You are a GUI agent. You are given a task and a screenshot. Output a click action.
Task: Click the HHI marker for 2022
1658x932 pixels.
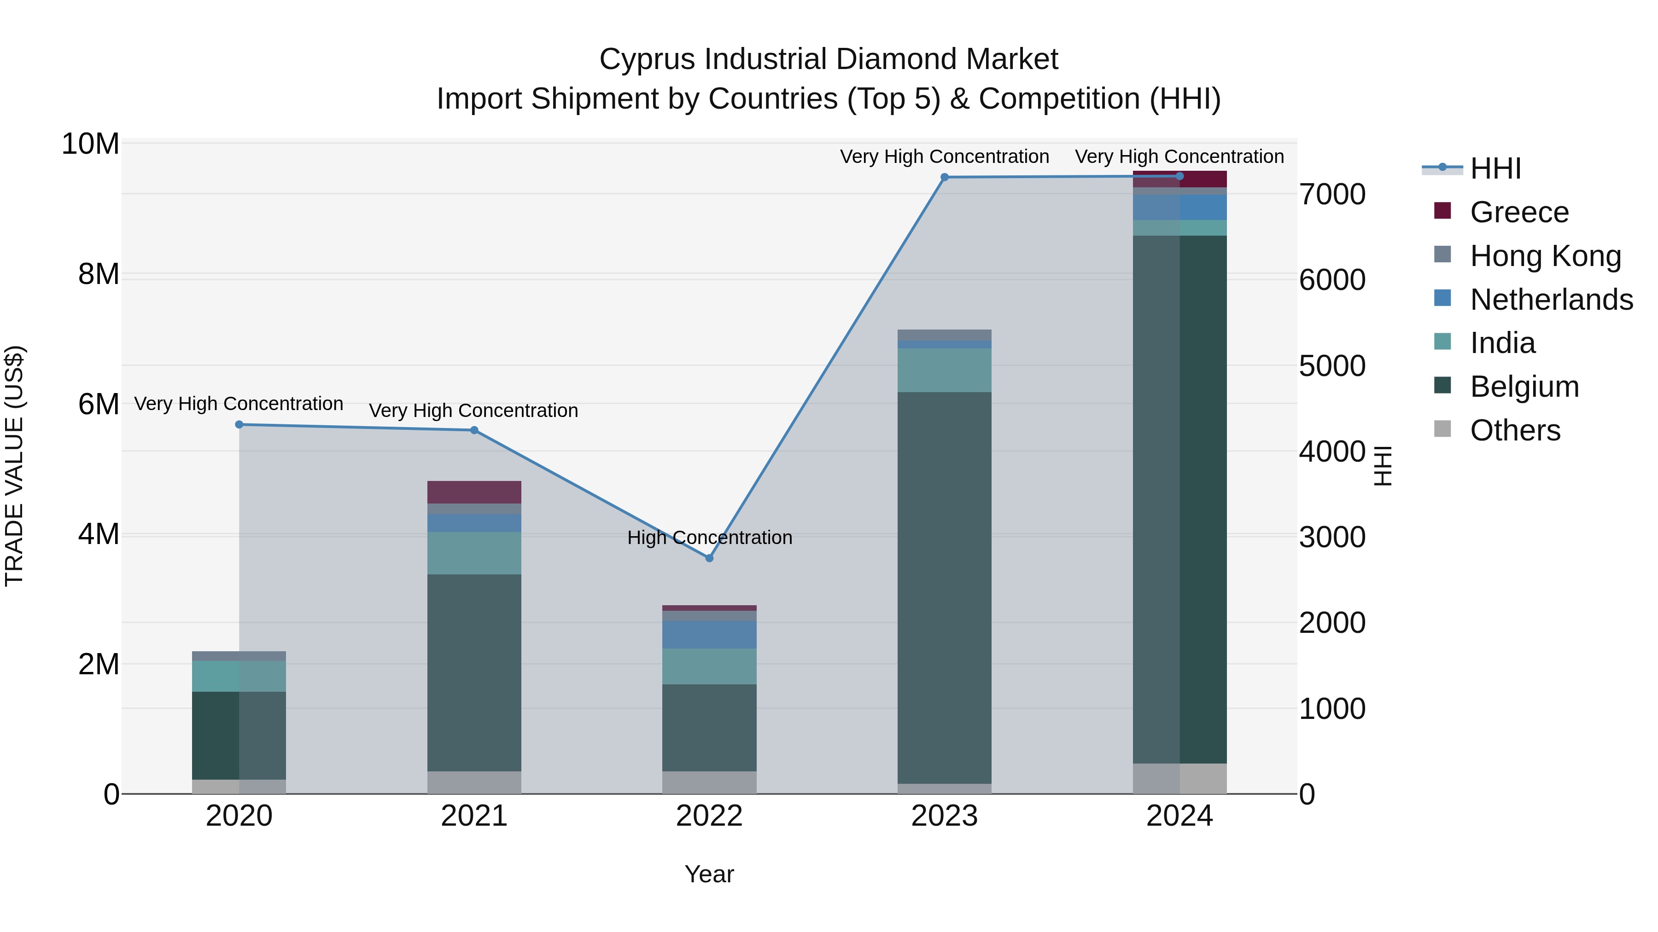point(709,558)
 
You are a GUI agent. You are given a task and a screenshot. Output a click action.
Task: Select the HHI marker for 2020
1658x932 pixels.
point(239,424)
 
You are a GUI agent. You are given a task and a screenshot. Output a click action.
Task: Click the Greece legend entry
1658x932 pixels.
point(1519,212)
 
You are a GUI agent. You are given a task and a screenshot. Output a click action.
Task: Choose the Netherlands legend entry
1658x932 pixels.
point(1551,300)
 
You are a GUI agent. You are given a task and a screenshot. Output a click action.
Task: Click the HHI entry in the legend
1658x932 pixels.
point(1495,168)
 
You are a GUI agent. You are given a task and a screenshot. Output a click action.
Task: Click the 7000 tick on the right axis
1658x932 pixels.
point(1331,194)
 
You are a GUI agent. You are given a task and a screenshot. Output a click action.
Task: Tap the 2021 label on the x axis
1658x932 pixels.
point(474,816)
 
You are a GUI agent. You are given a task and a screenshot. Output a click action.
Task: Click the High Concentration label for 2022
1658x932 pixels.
point(709,538)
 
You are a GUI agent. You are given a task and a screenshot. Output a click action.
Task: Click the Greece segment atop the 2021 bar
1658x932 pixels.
point(474,492)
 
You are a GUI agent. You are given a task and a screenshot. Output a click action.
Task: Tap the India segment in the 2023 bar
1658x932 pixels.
point(944,370)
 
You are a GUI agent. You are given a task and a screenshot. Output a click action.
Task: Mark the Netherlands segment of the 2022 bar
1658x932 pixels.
point(709,634)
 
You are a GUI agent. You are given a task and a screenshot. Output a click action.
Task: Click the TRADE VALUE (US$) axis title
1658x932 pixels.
point(14,466)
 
